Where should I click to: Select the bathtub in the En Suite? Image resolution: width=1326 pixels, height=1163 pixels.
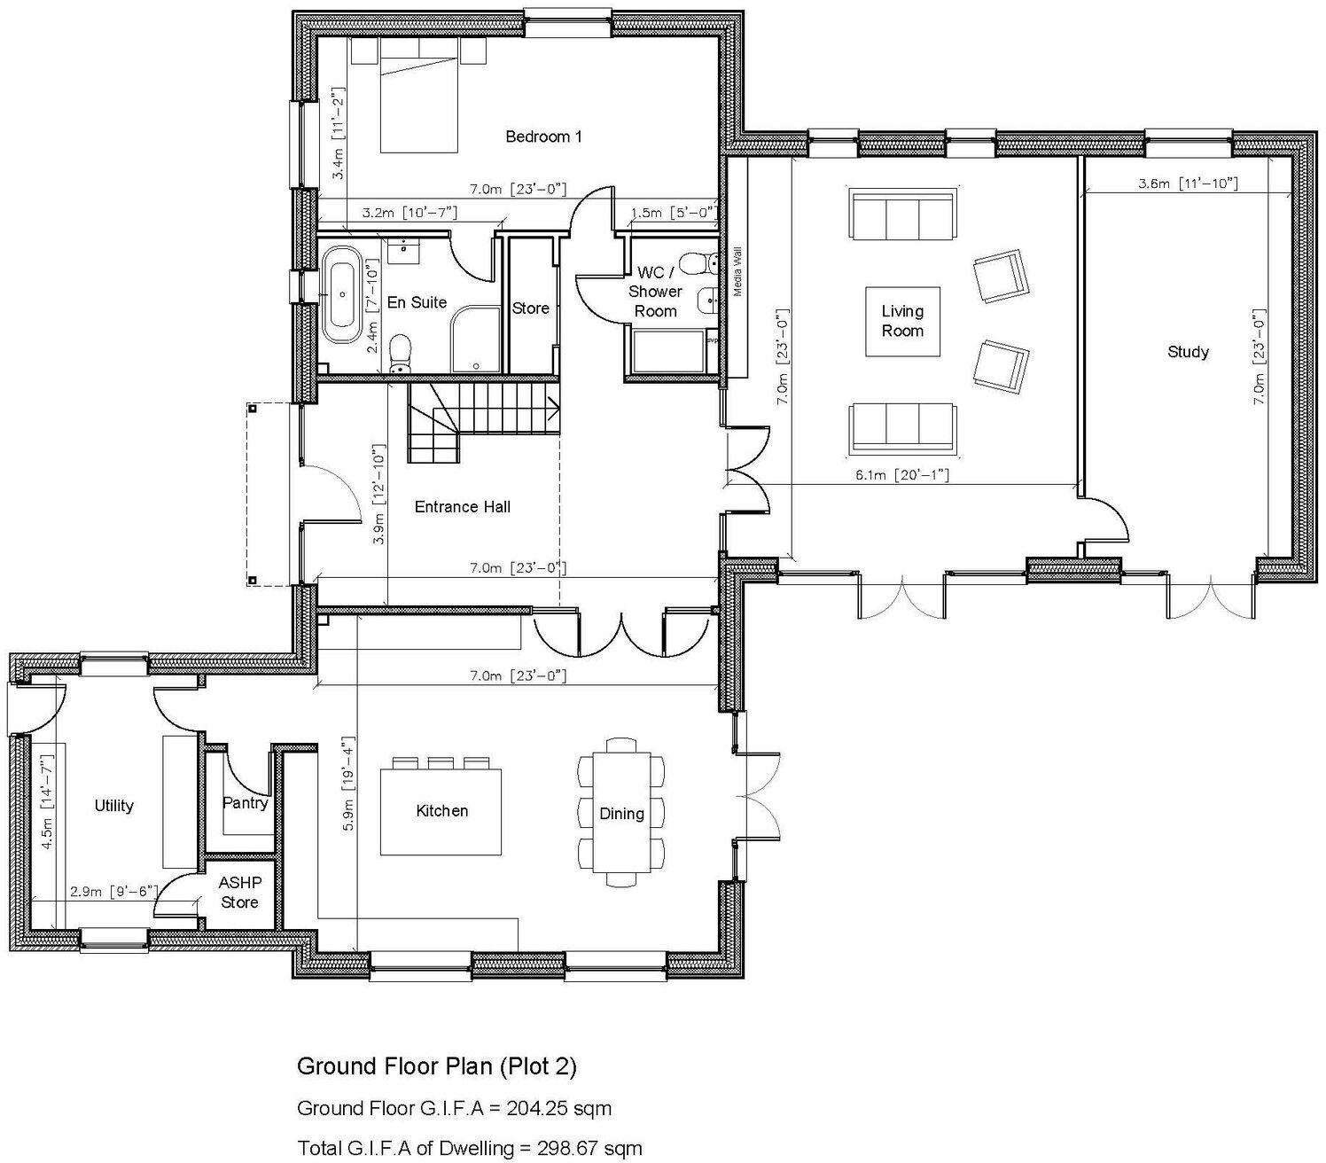coord(341,294)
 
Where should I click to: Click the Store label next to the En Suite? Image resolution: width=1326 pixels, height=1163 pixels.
coord(531,308)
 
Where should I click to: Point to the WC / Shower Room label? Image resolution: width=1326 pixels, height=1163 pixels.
coord(655,292)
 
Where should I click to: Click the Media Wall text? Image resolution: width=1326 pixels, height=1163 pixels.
coord(737,271)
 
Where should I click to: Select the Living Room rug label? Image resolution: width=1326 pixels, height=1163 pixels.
coord(902,321)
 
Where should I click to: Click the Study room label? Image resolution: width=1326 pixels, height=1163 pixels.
coord(1188,352)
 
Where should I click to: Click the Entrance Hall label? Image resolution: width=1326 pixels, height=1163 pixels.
coord(463,507)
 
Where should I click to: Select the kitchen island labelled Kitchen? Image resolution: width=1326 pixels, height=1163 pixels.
coord(441,811)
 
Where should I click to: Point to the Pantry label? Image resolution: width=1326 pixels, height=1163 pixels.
coord(245,803)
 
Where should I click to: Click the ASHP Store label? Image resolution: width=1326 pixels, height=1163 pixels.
coord(239,893)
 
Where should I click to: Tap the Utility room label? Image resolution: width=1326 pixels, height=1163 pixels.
coord(113,806)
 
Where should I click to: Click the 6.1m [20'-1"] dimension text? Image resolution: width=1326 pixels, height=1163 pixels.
coord(902,475)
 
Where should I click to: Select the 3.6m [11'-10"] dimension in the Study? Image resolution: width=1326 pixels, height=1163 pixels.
coord(1188,183)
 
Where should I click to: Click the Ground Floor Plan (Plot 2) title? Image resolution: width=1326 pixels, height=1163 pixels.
coord(436,1065)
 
